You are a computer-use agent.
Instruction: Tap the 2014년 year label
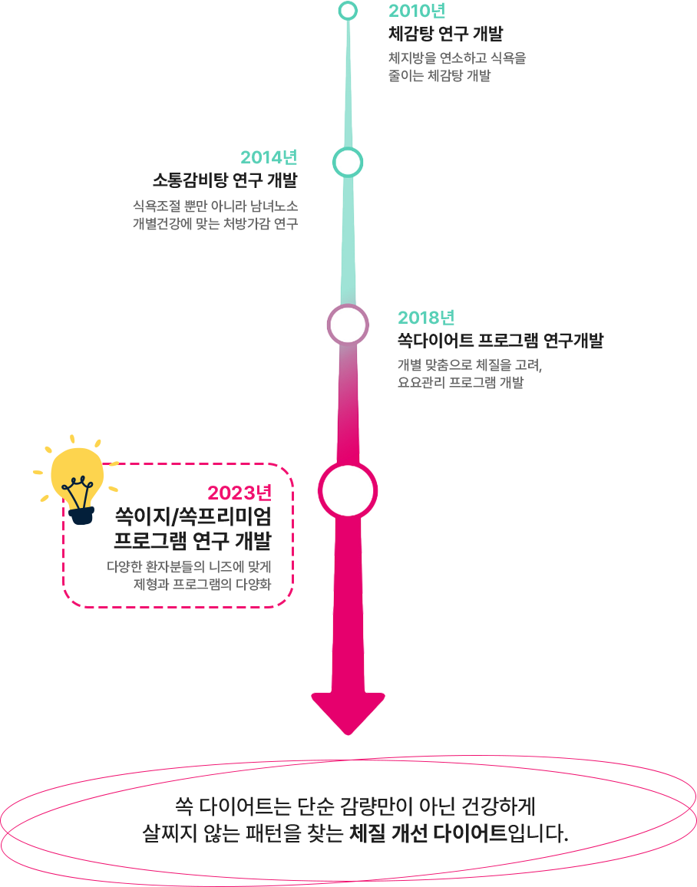pos(269,157)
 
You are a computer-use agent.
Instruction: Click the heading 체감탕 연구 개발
pos(446,33)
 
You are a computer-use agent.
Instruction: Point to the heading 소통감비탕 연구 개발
pos(225,180)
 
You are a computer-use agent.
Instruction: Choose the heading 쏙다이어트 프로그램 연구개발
pos(500,340)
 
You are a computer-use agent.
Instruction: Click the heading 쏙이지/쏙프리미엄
pos(193,516)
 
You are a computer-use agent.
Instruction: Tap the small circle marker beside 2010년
pos(348,11)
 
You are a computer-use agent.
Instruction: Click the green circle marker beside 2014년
pos(348,162)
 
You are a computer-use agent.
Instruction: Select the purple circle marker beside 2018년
pos(348,325)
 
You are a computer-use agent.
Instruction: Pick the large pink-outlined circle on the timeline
pos(348,490)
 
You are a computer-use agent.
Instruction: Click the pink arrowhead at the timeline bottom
pos(348,710)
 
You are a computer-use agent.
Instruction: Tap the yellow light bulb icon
pos(76,472)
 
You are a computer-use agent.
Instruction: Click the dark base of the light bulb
pos(80,513)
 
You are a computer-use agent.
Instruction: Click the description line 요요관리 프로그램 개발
pos(461,382)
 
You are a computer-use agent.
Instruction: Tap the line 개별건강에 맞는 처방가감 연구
pos(215,223)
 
